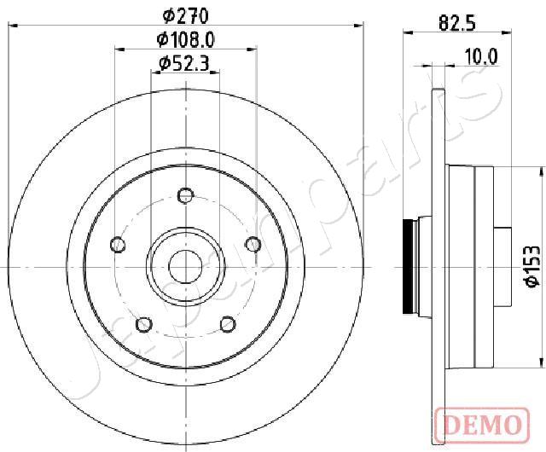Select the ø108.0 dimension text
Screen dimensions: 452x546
coord(184,38)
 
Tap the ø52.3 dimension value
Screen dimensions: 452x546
coord(185,61)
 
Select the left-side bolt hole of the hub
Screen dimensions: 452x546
coord(118,246)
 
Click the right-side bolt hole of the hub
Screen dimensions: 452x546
coord(253,246)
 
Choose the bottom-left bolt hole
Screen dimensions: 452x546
coord(144,324)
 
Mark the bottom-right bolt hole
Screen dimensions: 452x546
coord(227,324)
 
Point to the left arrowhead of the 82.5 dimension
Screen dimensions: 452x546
coord(406,32)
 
